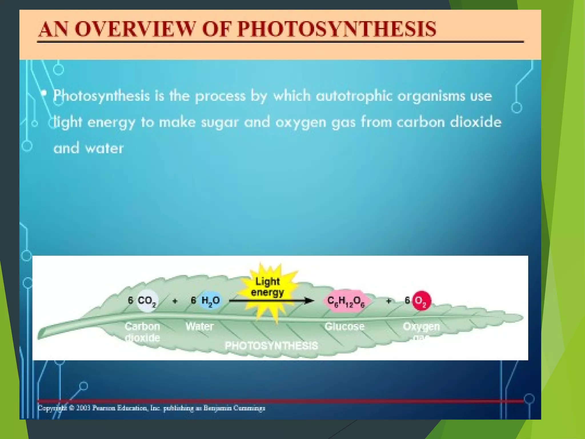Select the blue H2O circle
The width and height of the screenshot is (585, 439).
coord(211,300)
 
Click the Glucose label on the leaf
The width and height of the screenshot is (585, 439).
coord(344,326)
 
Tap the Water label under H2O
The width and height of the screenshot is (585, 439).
coord(199,326)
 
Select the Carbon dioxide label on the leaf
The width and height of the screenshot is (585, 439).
coord(142,332)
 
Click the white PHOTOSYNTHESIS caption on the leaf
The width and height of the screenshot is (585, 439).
coord(271,346)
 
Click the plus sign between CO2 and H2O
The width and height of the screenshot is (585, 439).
coord(175,301)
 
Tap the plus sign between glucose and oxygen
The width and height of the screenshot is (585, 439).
coord(388,301)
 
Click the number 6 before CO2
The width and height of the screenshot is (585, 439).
coord(130,300)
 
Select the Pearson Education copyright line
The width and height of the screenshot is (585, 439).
coord(151,408)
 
